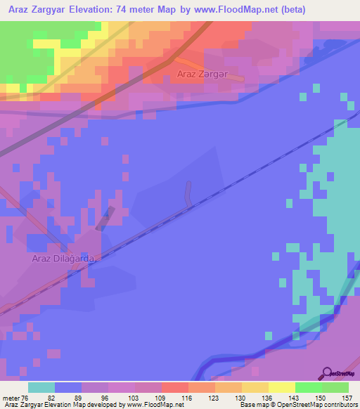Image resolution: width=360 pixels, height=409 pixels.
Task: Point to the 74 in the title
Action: point(150,9)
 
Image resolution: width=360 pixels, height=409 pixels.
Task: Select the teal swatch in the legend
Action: point(41,387)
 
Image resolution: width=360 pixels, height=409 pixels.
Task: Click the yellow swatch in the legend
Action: point(281,387)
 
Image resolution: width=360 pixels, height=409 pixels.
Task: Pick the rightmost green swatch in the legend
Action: point(335,387)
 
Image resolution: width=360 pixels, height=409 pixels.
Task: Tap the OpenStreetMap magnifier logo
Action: point(327,373)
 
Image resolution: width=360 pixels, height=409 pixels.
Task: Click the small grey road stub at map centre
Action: point(188,193)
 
